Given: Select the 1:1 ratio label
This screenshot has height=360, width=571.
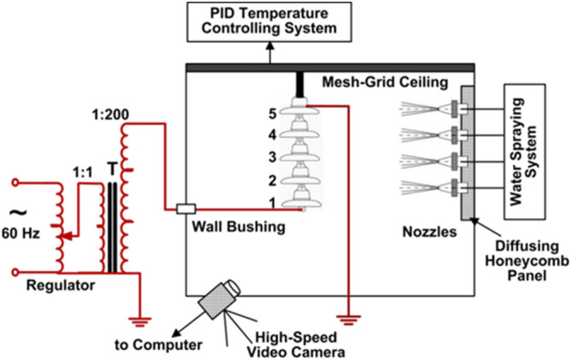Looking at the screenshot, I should click(x=82, y=169).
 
